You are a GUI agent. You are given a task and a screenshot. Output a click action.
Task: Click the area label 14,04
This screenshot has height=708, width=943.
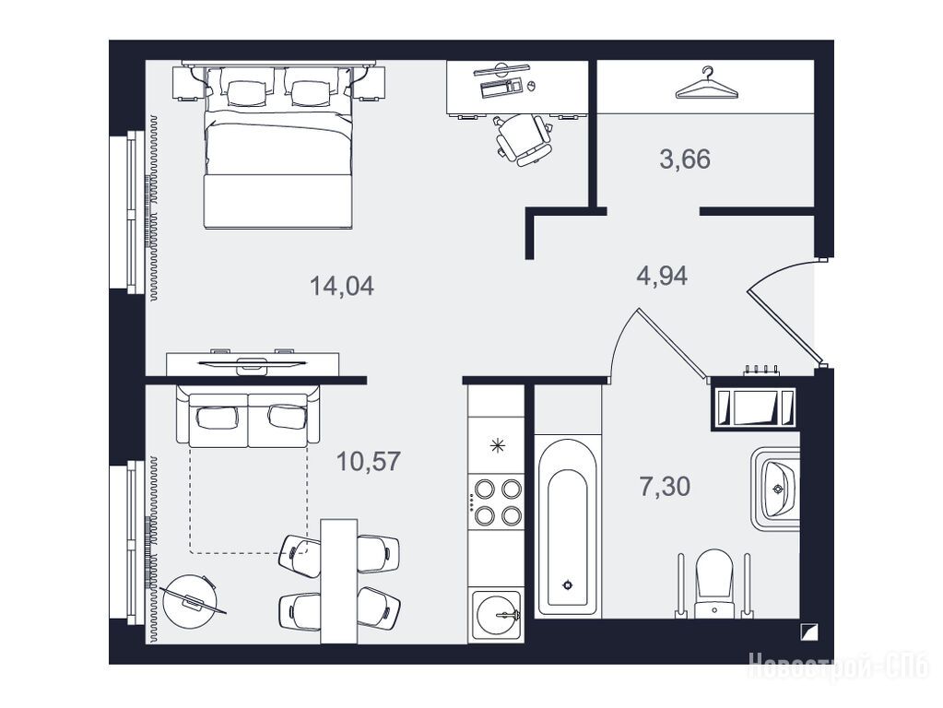click(x=342, y=286)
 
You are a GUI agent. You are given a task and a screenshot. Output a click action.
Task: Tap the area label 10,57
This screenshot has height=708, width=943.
click(x=368, y=461)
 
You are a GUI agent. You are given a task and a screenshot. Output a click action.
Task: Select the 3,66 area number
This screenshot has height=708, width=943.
click(x=685, y=159)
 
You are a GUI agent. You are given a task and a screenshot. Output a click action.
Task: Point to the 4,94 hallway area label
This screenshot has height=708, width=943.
click(x=662, y=277)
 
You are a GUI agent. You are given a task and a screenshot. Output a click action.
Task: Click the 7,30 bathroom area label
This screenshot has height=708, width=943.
click(x=665, y=486)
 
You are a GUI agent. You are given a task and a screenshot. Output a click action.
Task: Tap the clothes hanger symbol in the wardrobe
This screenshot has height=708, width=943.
click(x=707, y=83)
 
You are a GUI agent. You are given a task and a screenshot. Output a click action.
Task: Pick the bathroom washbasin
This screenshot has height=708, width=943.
click(x=777, y=488)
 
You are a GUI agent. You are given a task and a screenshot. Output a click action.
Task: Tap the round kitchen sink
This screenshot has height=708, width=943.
click(x=497, y=614)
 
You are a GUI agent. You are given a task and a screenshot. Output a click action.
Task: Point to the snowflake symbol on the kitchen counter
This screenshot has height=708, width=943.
click(x=497, y=446)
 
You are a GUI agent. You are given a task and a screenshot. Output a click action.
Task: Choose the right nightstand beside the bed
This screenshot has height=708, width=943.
click(x=369, y=83)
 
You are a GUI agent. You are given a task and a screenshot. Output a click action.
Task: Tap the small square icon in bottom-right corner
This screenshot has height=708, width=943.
click(x=808, y=632)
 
